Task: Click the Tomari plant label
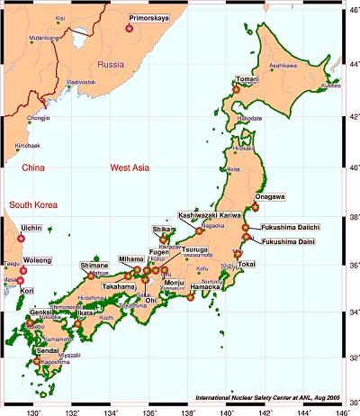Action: point(247,79)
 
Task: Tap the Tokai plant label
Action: point(247,264)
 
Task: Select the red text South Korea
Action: point(33,206)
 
